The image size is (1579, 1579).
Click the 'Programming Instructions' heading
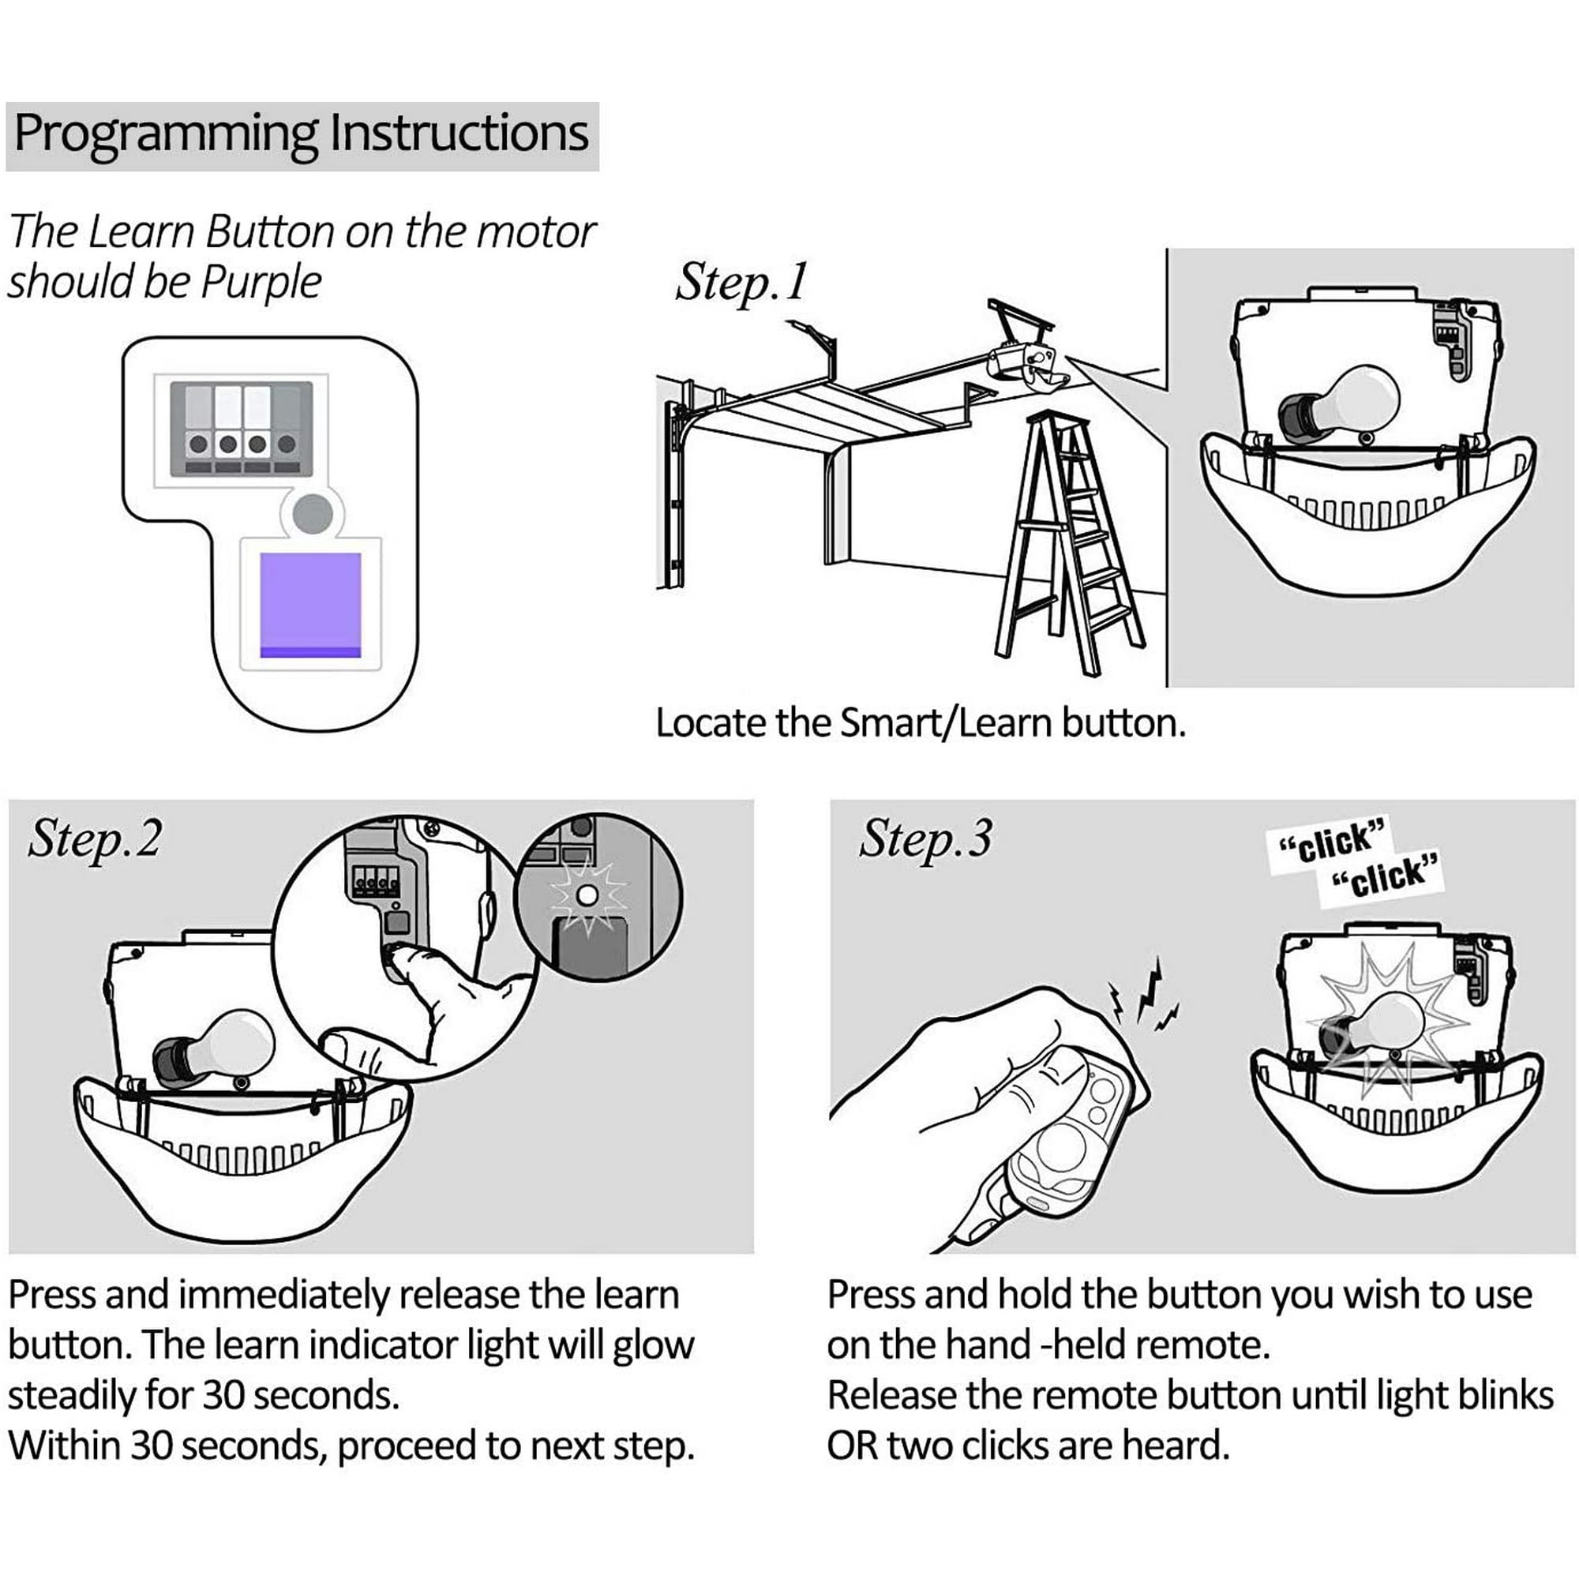point(301,133)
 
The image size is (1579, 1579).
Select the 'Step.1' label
point(741,283)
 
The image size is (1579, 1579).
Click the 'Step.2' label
point(95,840)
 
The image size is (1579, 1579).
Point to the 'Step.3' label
point(925,840)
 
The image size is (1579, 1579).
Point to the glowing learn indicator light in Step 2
point(587,896)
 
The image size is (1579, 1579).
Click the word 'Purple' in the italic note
point(261,283)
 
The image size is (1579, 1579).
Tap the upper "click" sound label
point(1330,842)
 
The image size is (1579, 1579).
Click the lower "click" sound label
point(1384,879)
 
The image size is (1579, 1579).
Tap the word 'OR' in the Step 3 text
point(852,1446)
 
